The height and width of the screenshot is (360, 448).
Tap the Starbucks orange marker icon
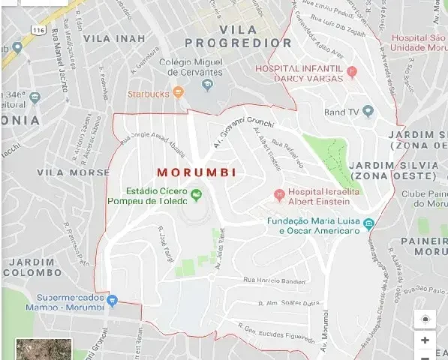[178, 93]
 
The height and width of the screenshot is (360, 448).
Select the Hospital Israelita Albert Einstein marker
[279, 196]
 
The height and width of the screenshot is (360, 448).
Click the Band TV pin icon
[368, 112]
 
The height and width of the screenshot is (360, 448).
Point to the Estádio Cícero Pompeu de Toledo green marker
[197, 196]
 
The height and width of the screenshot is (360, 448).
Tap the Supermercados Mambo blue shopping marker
[113, 301]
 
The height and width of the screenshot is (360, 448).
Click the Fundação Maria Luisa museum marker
[368, 224]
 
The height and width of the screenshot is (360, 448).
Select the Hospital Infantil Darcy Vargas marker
[352, 73]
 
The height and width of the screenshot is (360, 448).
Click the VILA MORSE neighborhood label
[73, 172]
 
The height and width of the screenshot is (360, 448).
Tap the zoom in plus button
[425, 340]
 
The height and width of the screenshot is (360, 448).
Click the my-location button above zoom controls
[425, 318]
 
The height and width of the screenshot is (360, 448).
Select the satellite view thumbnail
[44, 349]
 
